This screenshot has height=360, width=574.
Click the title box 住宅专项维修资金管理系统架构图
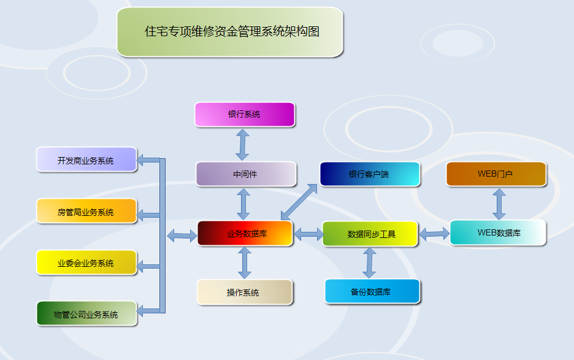click(x=230, y=32)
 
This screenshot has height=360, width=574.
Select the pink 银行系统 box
click(x=245, y=115)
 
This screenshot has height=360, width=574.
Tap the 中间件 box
click(x=246, y=174)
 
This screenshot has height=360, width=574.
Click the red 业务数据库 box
click(x=245, y=233)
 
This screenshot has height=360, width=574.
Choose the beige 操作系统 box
click(x=245, y=293)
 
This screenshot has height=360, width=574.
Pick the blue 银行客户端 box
click(x=370, y=174)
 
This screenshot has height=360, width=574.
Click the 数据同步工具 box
click(x=370, y=234)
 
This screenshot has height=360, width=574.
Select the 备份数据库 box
click(x=372, y=291)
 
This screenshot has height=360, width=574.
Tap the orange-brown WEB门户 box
click(x=496, y=174)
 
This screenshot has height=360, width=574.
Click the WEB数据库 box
click(x=498, y=232)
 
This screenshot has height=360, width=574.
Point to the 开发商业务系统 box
click(x=86, y=159)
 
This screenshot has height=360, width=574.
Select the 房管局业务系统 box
click(x=86, y=211)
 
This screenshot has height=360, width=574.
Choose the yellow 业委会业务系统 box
click(x=86, y=262)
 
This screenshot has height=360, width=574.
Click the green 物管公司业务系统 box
click(x=86, y=313)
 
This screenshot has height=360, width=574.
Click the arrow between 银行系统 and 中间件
click(x=242, y=145)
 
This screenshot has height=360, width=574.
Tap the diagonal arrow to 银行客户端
click(x=299, y=202)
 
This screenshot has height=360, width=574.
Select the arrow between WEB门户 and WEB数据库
click(x=499, y=204)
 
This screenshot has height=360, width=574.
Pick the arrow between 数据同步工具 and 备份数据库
click(x=369, y=263)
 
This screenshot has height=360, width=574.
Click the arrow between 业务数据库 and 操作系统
click(x=245, y=263)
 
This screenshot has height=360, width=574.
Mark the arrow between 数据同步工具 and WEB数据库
click(x=434, y=234)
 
